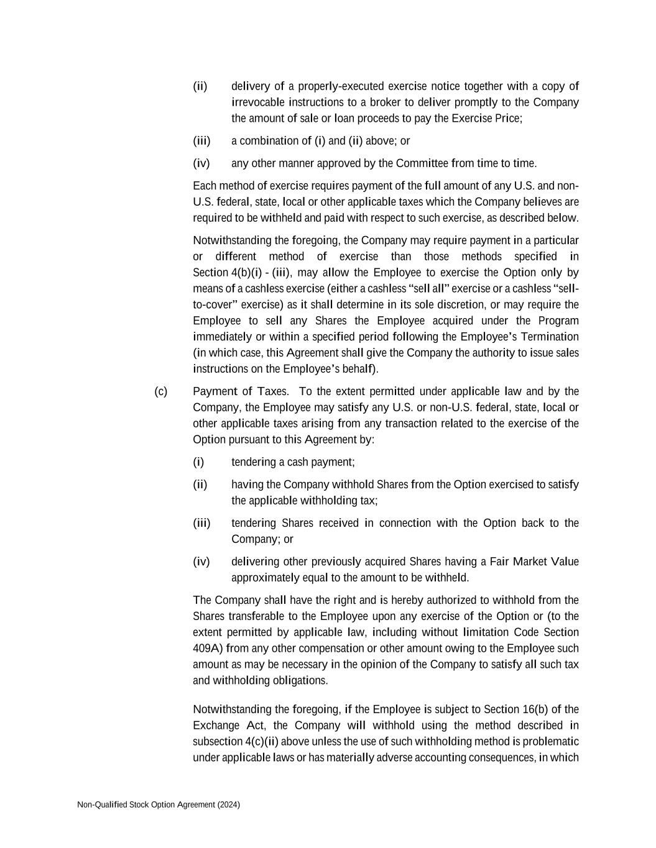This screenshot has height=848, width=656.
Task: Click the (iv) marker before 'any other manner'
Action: coord(201,163)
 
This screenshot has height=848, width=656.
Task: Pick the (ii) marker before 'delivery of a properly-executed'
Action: coord(200,86)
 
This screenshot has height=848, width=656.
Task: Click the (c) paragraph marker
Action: coord(161,391)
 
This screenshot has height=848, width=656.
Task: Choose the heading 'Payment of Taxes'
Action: coord(241,391)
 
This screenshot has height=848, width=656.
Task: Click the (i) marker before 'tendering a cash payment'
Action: coord(198,462)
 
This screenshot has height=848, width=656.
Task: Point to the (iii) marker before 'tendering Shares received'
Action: coord(201,523)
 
